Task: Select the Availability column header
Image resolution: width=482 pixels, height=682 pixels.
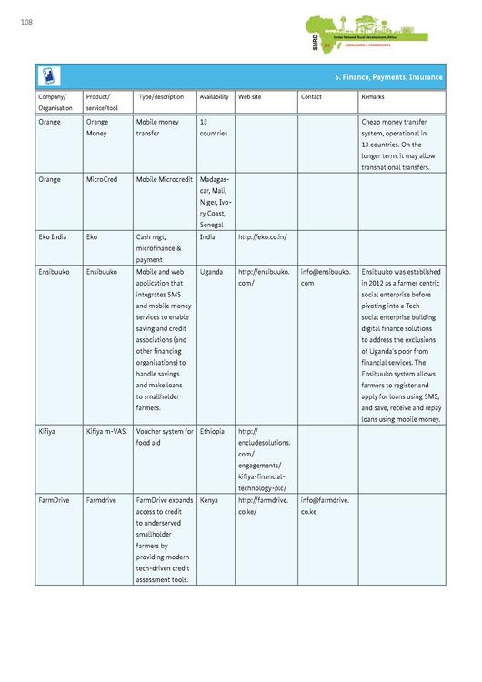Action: [214, 96]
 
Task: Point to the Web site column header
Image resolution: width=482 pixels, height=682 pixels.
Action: [250, 96]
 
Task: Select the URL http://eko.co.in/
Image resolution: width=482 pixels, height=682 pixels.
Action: [263, 236]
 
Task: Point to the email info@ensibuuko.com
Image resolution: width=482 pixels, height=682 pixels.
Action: [325, 277]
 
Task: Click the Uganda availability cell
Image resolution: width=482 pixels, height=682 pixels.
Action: [211, 272]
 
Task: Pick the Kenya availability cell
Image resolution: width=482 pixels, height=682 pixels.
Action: [209, 500]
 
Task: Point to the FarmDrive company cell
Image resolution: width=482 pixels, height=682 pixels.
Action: [55, 500]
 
